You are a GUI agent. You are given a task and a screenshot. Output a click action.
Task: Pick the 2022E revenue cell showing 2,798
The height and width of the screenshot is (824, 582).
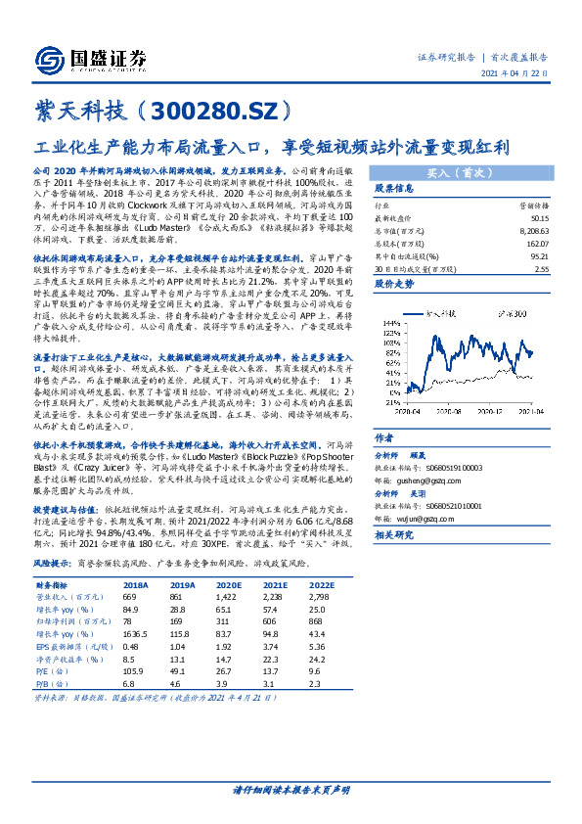tap(321, 596)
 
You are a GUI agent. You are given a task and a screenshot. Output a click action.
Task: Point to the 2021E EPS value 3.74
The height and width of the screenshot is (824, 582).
tap(272, 646)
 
